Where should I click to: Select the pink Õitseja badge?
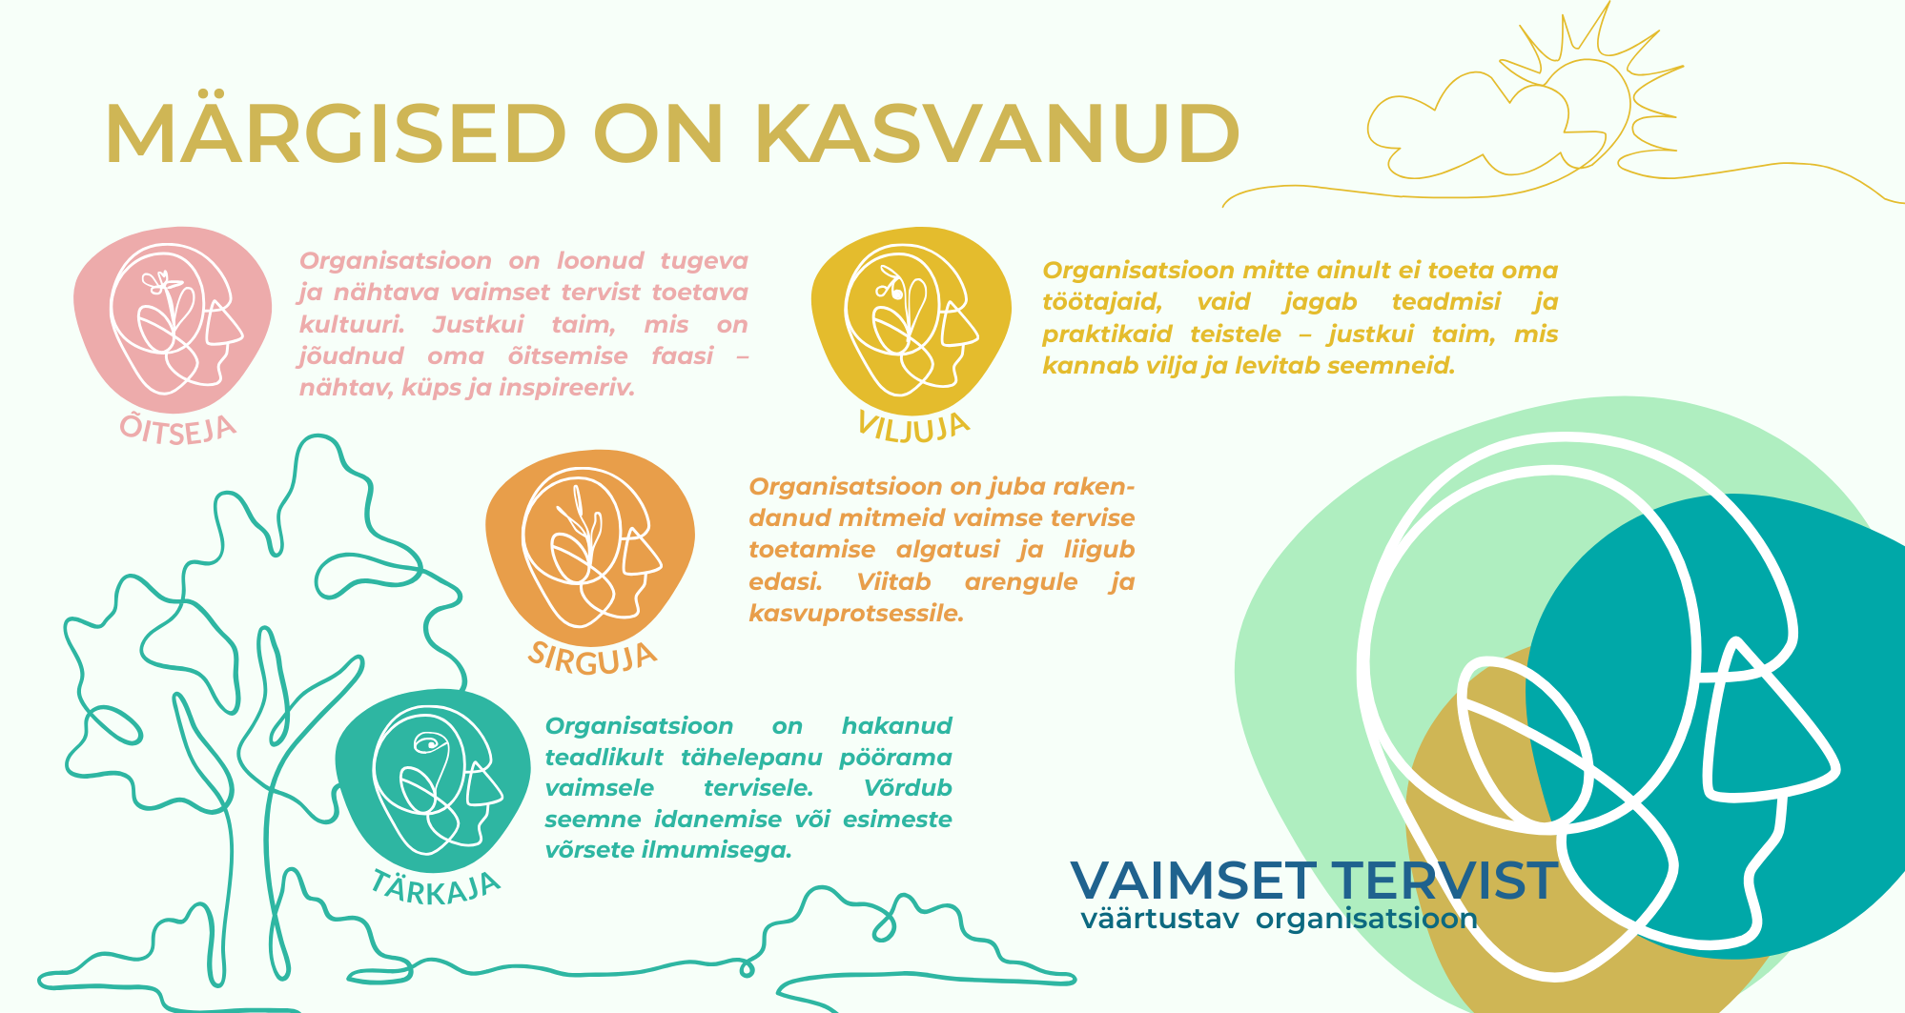[x=172, y=320]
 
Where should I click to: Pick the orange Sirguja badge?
[x=589, y=547]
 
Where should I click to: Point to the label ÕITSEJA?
[x=177, y=429]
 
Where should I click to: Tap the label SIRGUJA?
[x=592, y=658]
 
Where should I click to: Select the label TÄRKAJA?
[x=435, y=888]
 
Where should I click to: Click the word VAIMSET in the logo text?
[x=1194, y=881]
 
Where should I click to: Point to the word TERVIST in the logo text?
[x=1444, y=881]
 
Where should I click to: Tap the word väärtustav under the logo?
[x=1159, y=920]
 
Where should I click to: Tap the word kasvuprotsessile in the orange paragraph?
[x=856, y=614]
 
